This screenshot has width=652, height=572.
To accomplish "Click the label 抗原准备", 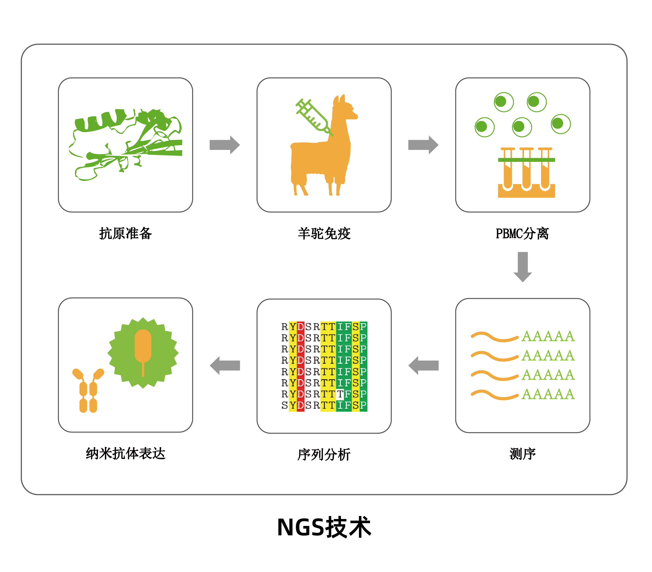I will pos(125,233).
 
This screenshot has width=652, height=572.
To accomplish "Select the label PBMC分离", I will pos(522,233).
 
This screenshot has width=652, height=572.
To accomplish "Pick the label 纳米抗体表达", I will pos(125,453).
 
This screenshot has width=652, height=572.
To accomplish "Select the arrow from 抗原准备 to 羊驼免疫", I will pos(224,145).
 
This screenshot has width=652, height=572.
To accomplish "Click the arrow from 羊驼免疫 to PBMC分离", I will pos(423,145).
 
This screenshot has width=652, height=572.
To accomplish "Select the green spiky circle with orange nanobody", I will pos(143,353).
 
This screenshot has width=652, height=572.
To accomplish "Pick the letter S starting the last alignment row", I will pos(284,405).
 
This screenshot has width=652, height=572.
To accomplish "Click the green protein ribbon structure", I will pos(126,143).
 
